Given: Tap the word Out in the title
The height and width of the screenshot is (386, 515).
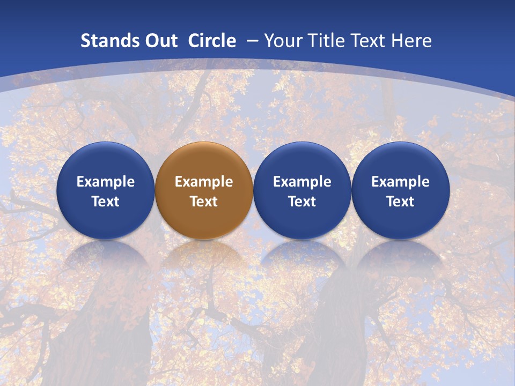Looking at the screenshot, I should pos(156,41).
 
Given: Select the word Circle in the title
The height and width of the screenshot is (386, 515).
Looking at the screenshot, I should pos(212,41).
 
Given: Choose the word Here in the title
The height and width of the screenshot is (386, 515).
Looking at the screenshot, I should pos(411,41).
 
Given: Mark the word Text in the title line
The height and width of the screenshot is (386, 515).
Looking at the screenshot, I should pos(367,41).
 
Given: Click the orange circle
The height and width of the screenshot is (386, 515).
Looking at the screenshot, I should pos(204,161).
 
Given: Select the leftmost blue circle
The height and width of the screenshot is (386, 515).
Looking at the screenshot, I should pos(106,161).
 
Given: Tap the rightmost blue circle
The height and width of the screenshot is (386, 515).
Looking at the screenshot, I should pos(400,161).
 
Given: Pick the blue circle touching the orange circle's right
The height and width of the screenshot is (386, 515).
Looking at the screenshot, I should pos(302,161).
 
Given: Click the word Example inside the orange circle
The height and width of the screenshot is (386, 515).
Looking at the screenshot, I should pos(204,182).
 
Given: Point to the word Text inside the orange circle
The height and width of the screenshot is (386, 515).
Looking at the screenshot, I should pos(204,202).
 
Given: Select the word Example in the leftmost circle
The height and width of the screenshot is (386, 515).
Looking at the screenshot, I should pos(106,182).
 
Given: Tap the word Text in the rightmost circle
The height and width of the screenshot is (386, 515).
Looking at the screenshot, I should pos(400,202).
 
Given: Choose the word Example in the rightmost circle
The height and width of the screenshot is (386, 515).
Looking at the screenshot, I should pos(400,182).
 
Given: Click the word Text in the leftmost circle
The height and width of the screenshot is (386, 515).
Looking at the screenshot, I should pos(106,202).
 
